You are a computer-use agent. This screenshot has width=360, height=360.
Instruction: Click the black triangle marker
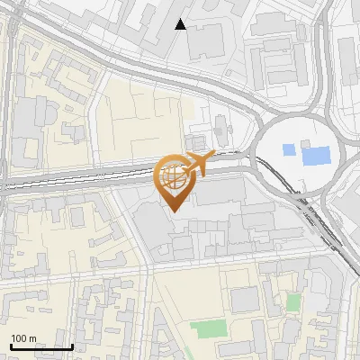pyautogui.click(x=181, y=24)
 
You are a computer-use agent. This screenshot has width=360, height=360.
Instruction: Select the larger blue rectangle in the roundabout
pyautogui.click(x=316, y=153)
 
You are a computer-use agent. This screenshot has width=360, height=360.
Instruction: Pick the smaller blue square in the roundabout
pyautogui.click(x=288, y=148)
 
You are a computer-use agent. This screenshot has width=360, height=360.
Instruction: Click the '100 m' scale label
pyautogui.click(x=22, y=338)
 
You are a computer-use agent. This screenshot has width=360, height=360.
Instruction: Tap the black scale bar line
pyautogui.click(x=40, y=346)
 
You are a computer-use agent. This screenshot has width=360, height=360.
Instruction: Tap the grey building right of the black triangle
pyautogui.click(x=207, y=40)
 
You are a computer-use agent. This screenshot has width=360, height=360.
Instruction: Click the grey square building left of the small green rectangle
pyautogui.click(x=245, y=300)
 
